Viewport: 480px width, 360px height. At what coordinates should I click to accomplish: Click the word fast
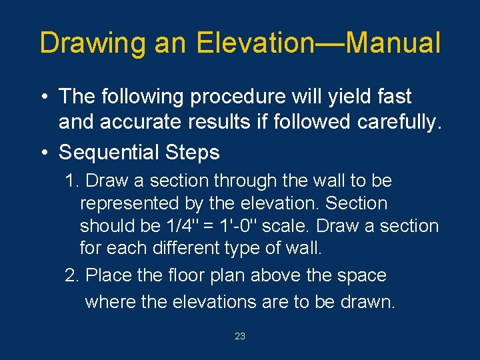[x=393, y=97]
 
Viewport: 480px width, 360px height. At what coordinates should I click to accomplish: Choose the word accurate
[x=141, y=123]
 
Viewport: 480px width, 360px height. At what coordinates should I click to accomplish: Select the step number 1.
[x=71, y=181]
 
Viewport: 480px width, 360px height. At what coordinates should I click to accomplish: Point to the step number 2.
[x=71, y=275]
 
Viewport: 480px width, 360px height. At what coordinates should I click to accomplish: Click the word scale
[x=283, y=226]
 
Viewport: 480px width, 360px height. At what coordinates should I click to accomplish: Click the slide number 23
[x=240, y=337]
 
